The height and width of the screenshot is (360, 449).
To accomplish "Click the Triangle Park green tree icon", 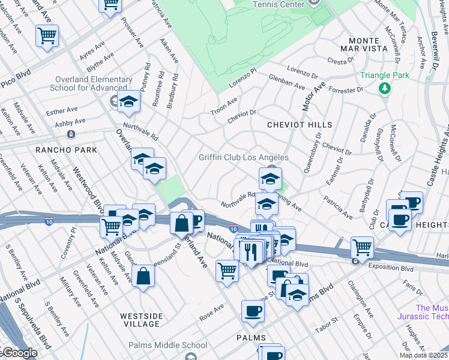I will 385,89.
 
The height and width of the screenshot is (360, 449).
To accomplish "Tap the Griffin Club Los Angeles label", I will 244,158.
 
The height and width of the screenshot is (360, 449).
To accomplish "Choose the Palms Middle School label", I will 167,345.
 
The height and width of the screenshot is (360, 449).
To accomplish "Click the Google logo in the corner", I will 19,353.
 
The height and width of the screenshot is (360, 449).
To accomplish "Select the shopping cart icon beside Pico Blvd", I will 47,35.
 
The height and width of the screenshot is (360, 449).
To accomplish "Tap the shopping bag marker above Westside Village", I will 144,277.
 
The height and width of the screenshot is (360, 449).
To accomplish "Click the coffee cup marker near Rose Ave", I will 253,311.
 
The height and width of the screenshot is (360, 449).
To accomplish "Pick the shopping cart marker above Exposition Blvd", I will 362,246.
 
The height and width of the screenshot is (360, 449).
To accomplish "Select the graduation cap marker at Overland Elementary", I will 128,102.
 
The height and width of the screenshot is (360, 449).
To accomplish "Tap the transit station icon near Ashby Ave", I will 71,134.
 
